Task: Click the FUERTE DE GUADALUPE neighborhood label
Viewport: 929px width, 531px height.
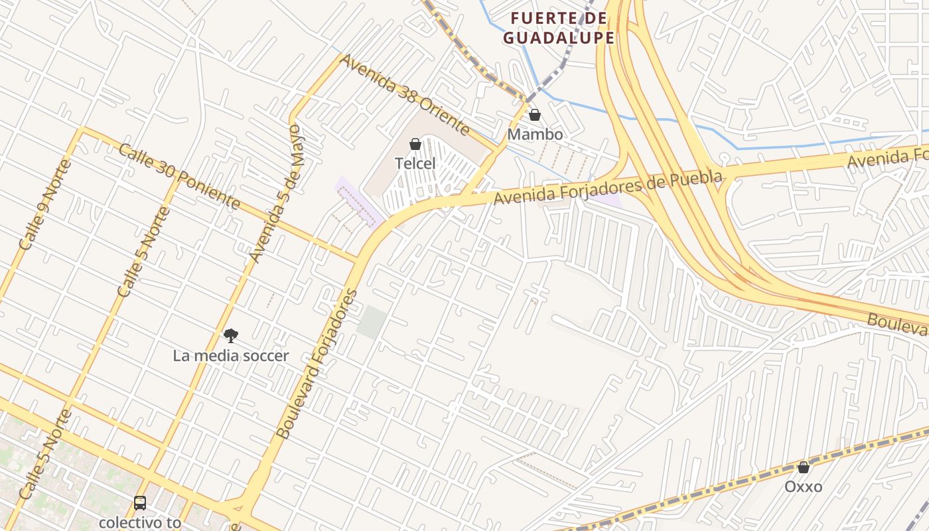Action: tap(558, 28)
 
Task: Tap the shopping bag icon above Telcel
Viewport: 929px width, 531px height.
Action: tap(415, 144)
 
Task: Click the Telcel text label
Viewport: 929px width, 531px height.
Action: tap(415, 163)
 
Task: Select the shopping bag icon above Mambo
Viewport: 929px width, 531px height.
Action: tap(535, 115)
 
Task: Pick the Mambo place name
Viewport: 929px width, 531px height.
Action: tap(535, 134)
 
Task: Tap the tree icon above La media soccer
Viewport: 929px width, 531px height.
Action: tap(231, 336)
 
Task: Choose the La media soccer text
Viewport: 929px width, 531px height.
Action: tap(231, 356)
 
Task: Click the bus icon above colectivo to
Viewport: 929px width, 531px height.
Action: tap(140, 503)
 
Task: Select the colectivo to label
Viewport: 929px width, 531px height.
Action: tap(140, 522)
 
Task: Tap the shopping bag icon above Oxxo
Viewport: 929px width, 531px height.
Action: tap(804, 467)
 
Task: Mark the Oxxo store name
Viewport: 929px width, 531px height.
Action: tap(804, 487)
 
